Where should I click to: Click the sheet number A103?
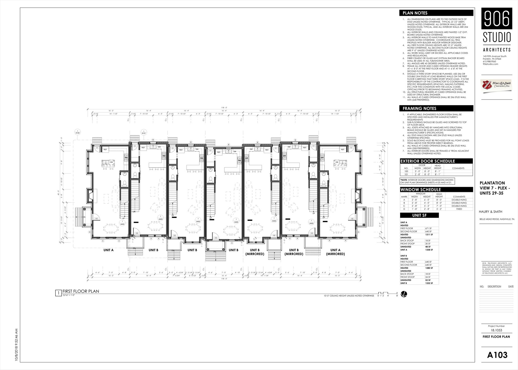pyautogui.click(x=497, y=355)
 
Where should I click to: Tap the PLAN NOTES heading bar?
pyautogui.click(x=436, y=13)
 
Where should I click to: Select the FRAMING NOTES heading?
pyautogui.click(x=436, y=108)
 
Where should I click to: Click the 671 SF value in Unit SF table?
pyautogui.click(x=428, y=228)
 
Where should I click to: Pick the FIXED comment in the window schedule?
pyautogui.click(x=459, y=209)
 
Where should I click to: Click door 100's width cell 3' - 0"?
pyautogui.click(x=417, y=171)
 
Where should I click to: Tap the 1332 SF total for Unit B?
pyautogui.click(x=429, y=283)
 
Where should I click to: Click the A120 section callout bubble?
pyautogui.click(x=77, y=132)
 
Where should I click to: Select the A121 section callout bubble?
pyautogui.click(x=144, y=132)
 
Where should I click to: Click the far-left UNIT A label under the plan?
pyautogui.click(x=108, y=250)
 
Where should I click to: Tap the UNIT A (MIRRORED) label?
pyautogui.click(x=335, y=252)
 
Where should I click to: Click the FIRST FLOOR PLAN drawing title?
pyautogui.click(x=81, y=291)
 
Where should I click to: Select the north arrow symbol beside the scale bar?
pyautogui.click(x=404, y=294)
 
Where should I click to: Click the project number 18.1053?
pyautogui.click(x=496, y=330)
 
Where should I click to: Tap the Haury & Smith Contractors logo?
pyautogui.click(x=497, y=86)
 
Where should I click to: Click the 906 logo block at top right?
pyautogui.click(x=497, y=18)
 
